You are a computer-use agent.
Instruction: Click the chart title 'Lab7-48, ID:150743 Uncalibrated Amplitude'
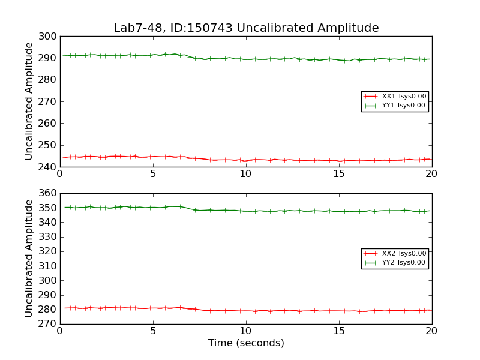(246, 28)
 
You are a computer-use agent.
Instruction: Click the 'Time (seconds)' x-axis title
(246, 343)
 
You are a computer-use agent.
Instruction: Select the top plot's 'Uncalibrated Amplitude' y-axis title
(29, 101)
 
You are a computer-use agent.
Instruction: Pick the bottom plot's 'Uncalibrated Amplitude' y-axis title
(29, 259)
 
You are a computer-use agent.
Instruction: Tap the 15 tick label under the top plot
(339, 174)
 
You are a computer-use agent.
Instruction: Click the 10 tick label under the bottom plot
(246, 331)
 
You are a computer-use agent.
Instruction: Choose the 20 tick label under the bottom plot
(432, 331)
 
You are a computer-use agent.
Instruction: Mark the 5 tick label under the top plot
(152, 174)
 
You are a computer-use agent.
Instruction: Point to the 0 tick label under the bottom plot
(59, 331)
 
